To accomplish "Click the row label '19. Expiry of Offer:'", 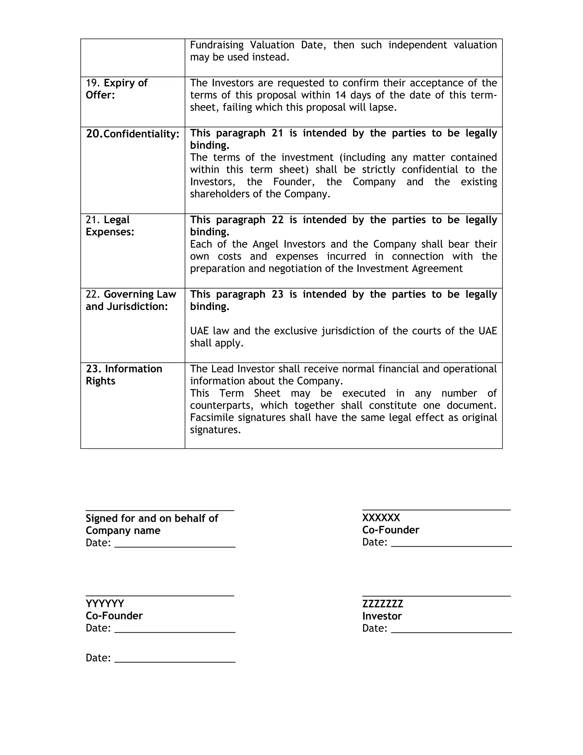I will [116, 89].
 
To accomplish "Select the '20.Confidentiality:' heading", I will [133, 134].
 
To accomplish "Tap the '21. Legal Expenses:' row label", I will [110, 226].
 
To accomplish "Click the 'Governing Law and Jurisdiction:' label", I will [131, 300].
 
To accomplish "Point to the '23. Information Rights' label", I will [124, 375].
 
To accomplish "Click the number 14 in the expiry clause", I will [341, 95].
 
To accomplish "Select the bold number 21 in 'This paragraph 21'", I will [277, 133].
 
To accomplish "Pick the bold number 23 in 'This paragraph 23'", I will [277, 294].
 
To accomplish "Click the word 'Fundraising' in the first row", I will [217, 45].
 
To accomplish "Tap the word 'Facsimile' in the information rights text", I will [212, 418].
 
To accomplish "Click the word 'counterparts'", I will [221, 405].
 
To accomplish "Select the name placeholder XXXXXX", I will [381, 518].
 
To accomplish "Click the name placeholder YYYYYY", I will [105, 604].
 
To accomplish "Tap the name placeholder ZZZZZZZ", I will [382, 604].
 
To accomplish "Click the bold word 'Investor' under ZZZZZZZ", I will [382, 616].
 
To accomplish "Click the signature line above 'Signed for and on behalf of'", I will [160, 510].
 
